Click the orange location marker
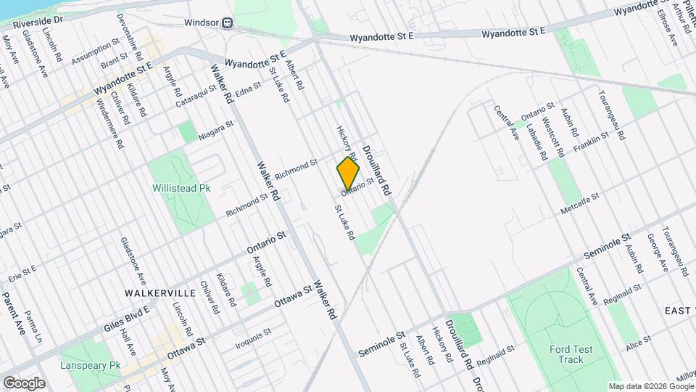pyautogui.click(x=348, y=173)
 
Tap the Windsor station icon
pyautogui.click(x=227, y=23)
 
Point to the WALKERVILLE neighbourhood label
pyautogui.click(x=160, y=293)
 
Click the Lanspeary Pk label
pyautogui.click(x=91, y=365)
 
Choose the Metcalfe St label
pyautogui.click(x=580, y=204)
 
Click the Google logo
pyautogui.click(x=24, y=383)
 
